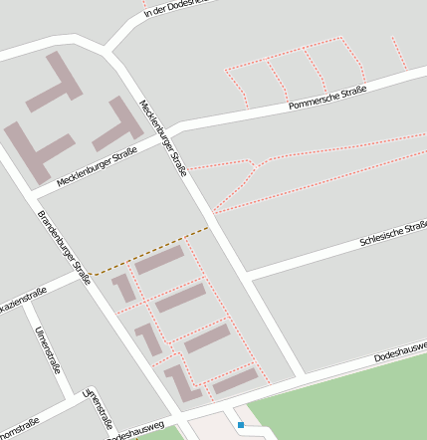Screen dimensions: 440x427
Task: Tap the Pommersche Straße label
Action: pyautogui.click(x=326, y=98)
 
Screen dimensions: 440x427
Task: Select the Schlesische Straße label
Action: pyautogui.click(x=392, y=235)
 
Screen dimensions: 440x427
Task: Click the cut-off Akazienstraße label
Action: pyautogui.click(x=22, y=299)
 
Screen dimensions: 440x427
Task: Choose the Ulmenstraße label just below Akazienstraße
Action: pyautogui.click(x=49, y=349)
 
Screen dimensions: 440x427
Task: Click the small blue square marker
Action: pyautogui.click(x=241, y=425)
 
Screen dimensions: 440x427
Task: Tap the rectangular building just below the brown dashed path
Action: pyautogui.click(x=160, y=261)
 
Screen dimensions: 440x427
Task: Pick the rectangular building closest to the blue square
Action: pyautogui.click(x=236, y=379)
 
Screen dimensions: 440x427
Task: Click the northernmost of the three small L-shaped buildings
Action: pyautogui.click(x=124, y=288)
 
